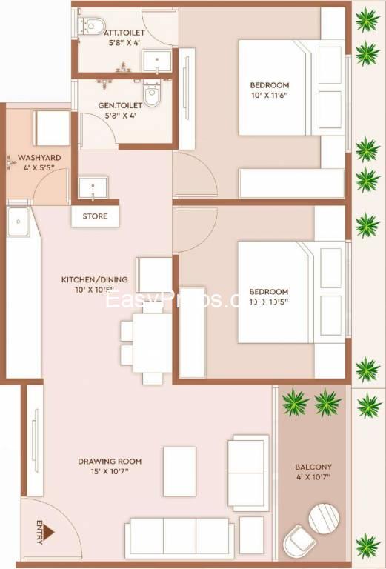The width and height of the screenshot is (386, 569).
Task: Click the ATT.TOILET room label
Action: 124,33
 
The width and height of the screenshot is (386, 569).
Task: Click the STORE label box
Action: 96,216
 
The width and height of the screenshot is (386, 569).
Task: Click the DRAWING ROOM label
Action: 110,462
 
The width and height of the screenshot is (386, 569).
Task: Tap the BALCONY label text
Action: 313,467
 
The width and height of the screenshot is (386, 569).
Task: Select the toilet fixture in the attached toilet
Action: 93,27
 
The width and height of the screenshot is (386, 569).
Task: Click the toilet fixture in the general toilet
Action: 152,96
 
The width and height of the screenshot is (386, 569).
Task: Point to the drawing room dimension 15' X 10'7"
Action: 110,472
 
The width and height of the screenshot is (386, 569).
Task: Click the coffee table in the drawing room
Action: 179,471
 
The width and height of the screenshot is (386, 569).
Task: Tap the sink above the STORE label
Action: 93,188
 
